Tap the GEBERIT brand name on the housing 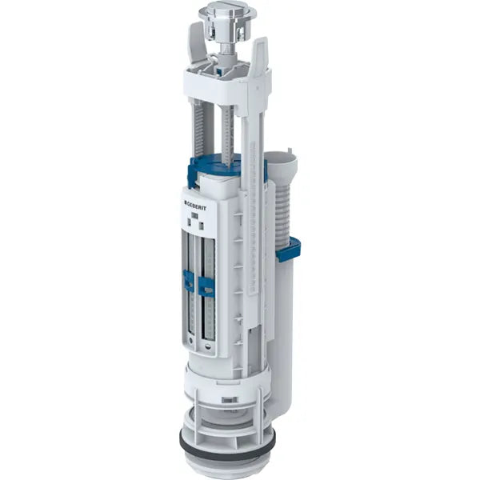[x=201, y=206]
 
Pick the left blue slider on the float [x=189, y=282]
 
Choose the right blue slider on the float [x=206, y=286]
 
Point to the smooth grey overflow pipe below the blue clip [x=282, y=320]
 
